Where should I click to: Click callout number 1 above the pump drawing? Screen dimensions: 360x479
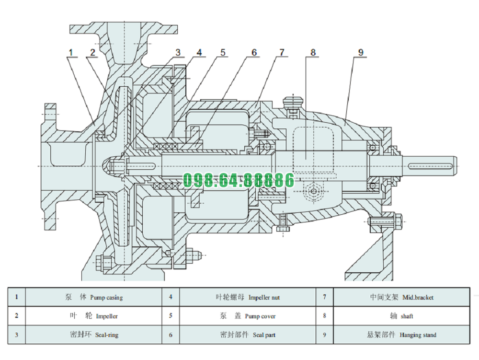pyautogui.click(x=71, y=52)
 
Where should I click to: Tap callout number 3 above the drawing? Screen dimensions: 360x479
pyautogui.click(x=178, y=52)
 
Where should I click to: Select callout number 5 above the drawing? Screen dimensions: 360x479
pyautogui.click(x=222, y=52)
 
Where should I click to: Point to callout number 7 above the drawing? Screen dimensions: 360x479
pyautogui.click(x=282, y=52)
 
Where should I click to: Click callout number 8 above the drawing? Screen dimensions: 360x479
pyautogui.click(x=313, y=52)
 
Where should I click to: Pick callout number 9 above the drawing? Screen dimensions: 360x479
pyautogui.click(x=361, y=52)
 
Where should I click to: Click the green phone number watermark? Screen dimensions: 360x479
pyautogui.click(x=239, y=181)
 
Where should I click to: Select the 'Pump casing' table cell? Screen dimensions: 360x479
pyautogui.click(x=93, y=297)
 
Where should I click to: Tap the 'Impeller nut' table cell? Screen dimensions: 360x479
pyautogui.click(x=248, y=297)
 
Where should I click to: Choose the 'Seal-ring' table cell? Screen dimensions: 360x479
pyautogui.click(x=93, y=335)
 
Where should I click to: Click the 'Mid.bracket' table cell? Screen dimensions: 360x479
pyautogui.click(x=401, y=297)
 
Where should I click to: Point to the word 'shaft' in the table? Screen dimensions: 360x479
pyautogui.click(x=407, y=316)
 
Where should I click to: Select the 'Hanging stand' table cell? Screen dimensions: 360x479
pyautogui.click(x=401, y=335)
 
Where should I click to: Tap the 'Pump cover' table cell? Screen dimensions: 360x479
pyautogui.click(x=248, y=316)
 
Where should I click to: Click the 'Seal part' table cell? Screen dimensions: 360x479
pyautogui.click(x=248, y=335)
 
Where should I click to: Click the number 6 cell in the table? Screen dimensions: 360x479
pyautogui.click(x=171, y=335)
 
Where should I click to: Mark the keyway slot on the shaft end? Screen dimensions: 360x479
pyautogui.click(x=431, y=166)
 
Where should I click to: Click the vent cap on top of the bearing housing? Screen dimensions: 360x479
pyautogui.click(x=293, y=102)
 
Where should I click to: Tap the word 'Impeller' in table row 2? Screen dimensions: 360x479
pyautogui.click(x=106, y=316)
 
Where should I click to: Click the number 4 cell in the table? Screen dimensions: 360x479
pyautogui.click(x=171, y=297)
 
